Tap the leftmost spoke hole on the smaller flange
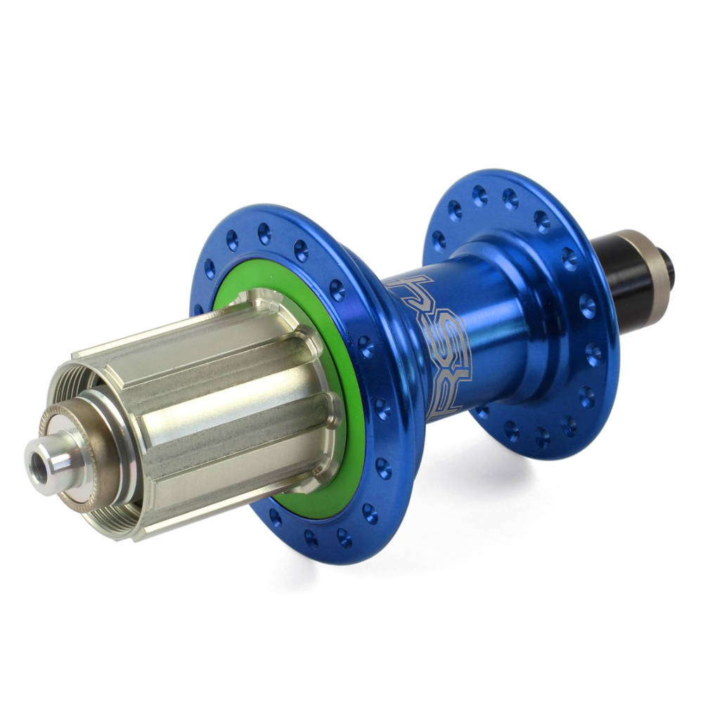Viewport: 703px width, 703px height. (439, 240)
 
